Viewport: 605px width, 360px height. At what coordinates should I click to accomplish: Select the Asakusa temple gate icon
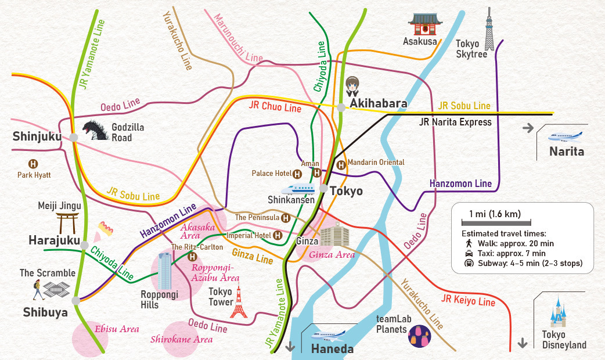(x=425, y=24)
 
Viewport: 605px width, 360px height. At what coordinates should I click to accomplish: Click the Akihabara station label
(x=377, y=103)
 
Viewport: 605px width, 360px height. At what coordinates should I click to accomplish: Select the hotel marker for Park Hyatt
(x=34, y=164)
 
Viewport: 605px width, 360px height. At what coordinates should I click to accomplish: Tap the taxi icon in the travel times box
(x=469, y=254)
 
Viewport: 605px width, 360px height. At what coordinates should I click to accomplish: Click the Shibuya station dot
(x=75, y=300)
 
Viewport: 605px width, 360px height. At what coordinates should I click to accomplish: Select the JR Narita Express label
(x=455, y=122)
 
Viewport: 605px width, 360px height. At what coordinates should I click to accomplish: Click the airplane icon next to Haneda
(x=328, y=335)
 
